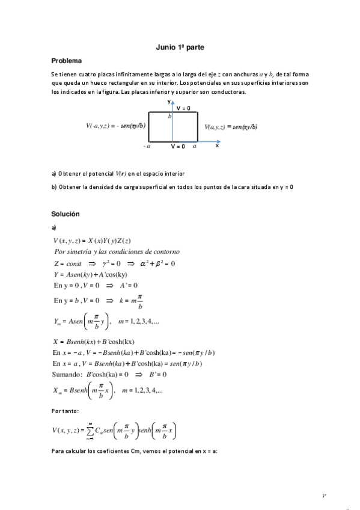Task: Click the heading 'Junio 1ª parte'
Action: point(180,46)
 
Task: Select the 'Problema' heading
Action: point(67,61)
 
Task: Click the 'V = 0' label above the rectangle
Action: point(183,108)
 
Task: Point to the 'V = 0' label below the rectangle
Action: point(178,146)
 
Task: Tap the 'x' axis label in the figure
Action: point(217,146)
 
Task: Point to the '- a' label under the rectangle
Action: point(147,146)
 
